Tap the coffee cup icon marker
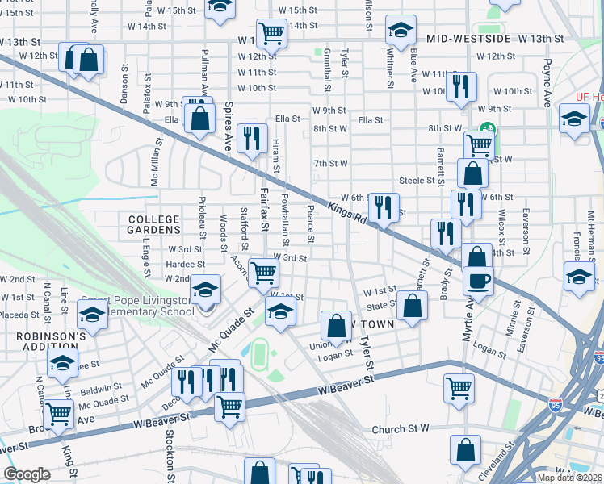(477, 282)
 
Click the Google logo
(27, 474)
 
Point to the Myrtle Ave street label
(468, 319)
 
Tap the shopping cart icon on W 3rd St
(263, 272)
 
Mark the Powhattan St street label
(286, 219)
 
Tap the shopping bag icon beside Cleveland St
(466, 450)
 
